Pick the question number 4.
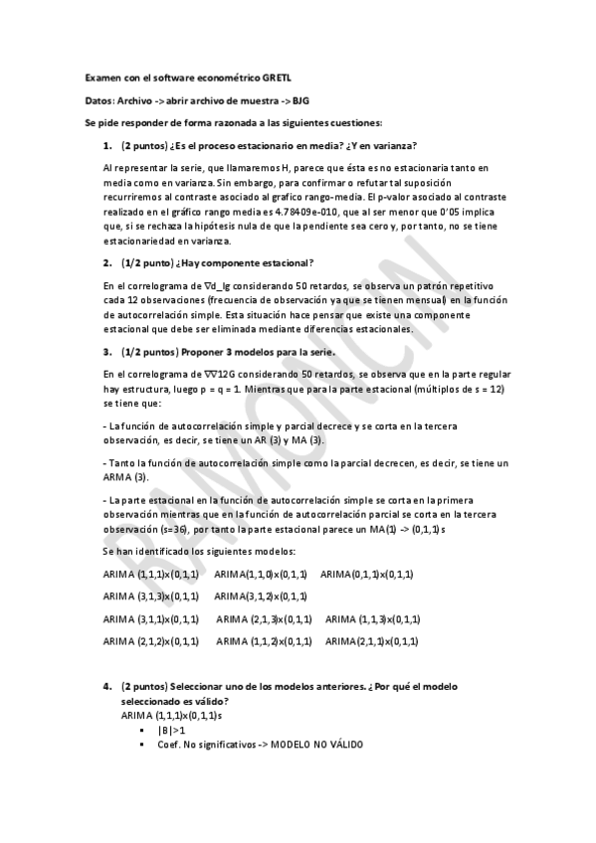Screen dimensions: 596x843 (106, 687)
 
